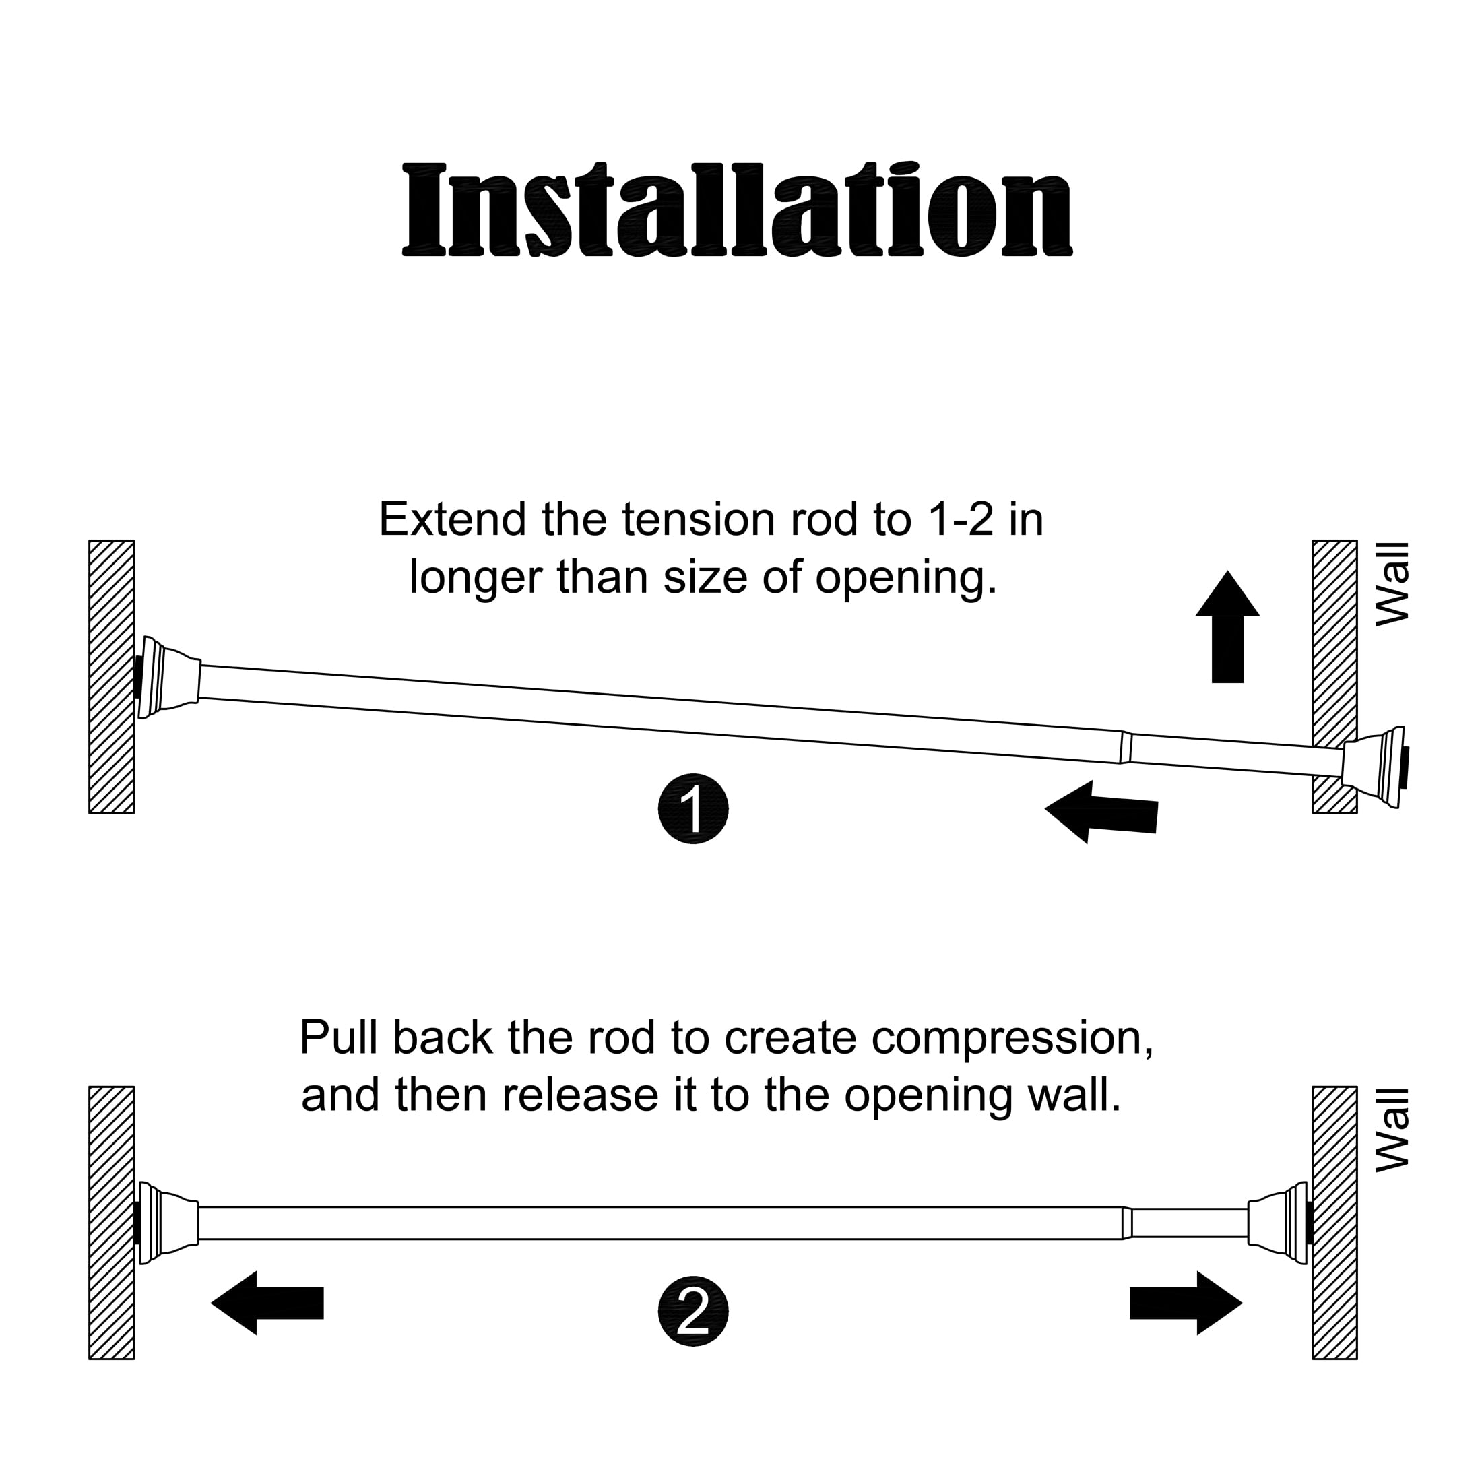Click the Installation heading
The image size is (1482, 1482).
coord(737,209)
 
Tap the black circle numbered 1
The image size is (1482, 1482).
coord(692,809)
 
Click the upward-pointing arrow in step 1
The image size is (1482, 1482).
coord(1227,626)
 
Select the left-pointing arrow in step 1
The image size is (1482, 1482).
coord(1101,812)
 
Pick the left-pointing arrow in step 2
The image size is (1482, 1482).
coord(267,1303)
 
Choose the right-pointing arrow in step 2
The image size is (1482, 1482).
coord(1186,1303)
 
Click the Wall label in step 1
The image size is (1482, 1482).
coord(1392,584)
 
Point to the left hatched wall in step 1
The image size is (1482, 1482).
coord(111,676)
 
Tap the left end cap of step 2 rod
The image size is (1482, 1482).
coord(166,1223)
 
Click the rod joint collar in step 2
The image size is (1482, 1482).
coord(1127,1223)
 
